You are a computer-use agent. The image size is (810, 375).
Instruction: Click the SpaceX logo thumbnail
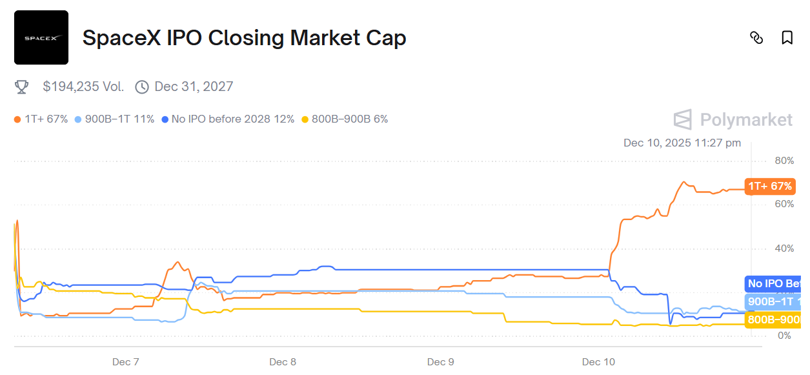click(x=41, y=37)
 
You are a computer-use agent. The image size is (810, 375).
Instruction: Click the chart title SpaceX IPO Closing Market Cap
click(x=244, y=38)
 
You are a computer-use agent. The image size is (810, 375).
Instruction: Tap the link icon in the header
click(x=756, y=37)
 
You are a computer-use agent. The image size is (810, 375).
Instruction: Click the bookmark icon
click(x=787, y=37)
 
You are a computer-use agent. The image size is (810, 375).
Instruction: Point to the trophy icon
click(x=21, y=86)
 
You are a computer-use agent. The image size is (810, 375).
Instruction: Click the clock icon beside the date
click(x=142, y=86)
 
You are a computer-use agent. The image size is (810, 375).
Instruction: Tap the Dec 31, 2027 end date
click(x=194, y=86)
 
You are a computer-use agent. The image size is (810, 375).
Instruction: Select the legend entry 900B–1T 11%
click(x=114, y=119)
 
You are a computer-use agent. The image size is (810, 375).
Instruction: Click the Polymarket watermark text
click(x=746, y=120)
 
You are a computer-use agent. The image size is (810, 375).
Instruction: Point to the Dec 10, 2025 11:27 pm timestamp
click(x=682, y=143)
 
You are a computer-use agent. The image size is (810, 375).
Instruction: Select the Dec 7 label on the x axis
click(x=125, y=361)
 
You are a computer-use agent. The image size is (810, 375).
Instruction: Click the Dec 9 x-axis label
click(x=441, y=361)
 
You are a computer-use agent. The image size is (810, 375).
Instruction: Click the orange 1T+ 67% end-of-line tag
click(x=769, y=186)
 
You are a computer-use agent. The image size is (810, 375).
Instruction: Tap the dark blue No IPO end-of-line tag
click(x=773, y=283)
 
